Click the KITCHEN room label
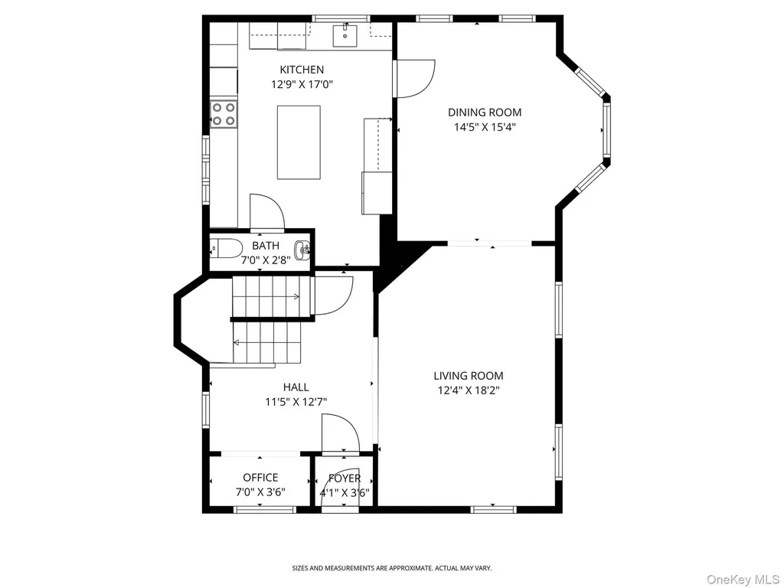click(x=302, y=70)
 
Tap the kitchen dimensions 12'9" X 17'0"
click(x=302, y=84)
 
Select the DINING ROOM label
click(x=485, y=113)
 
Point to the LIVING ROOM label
click(x=469, y=375)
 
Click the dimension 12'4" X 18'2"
click(x=469, y=390)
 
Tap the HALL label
click(x=296, y=387)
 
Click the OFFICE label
click(x=260, y=478)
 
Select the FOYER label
click(x=345, y=479)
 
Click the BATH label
click(x=266, y=246)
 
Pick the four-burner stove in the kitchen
click(x=223, y=114)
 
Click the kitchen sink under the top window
click(x=345, y=34)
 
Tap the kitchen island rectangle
click(x=299, y=142)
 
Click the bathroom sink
click(x=303, y=249)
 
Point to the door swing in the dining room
click(x=414, y=79)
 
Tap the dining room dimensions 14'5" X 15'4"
click(x=485, y=127)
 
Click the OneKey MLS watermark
click(x=743, y=580)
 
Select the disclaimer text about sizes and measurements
click(x=392, y=568)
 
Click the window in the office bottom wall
click(x=264, y=509)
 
